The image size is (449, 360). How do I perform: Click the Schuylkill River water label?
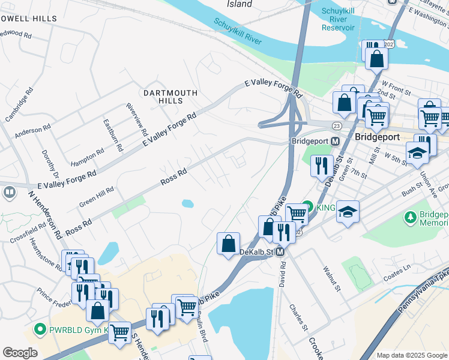pos(238,32)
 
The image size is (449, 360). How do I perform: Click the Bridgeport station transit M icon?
pos(335,141)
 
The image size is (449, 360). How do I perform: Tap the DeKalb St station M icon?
pos(281,253)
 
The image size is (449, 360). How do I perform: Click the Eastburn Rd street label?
pos(112,135)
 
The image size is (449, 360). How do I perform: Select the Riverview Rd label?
pos(137,118)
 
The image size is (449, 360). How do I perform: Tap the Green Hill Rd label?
pos(97,197)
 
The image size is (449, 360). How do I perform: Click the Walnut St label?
pos(331,280)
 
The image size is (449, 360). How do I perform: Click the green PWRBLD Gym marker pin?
pos(40,329)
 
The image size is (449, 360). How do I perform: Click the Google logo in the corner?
pos(20,353)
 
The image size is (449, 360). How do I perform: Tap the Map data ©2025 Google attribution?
pos(411,355)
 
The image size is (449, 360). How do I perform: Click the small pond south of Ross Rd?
pos(187,203)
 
